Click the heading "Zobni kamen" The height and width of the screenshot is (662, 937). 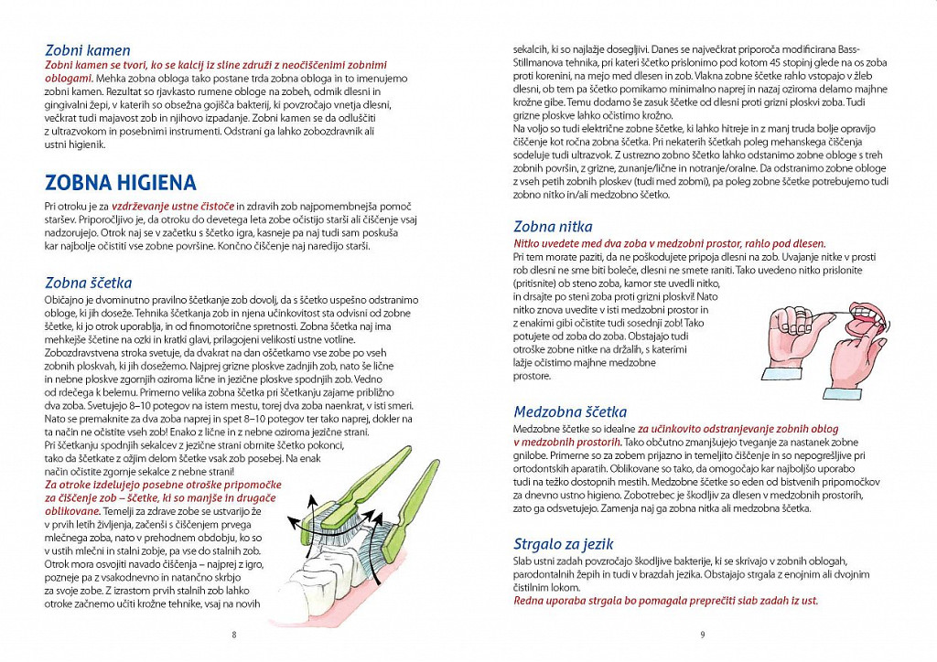coord(88,50)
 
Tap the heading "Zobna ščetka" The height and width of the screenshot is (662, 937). coord(88,283)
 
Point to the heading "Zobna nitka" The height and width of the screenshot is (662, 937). coord(553,226)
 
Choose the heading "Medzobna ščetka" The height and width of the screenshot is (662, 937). coord(570,411)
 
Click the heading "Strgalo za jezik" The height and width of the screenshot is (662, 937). coord(563,543)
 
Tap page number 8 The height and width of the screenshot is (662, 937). coord(234,635)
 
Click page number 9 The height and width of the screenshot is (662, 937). coord(702,635)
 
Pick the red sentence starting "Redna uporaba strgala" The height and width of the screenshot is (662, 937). coord(665,600)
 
